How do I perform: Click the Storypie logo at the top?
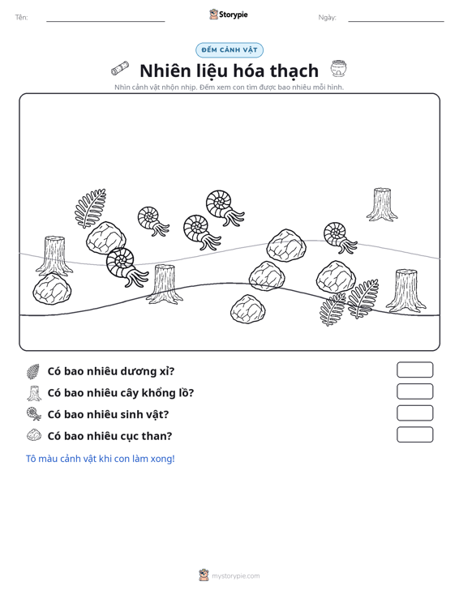[229, 15]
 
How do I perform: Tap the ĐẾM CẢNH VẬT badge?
[229, 50]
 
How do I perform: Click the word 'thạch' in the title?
[294, 71]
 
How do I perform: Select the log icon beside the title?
[120, 68]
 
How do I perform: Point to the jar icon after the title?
[338, 69]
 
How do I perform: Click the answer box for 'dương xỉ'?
[414, 370]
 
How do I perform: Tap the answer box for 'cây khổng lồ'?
[414, 391]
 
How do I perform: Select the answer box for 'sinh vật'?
[414, 413]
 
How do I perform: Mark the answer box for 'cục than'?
[414, 434]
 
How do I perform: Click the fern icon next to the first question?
[33, 371]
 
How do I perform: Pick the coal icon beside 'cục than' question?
[34, 435]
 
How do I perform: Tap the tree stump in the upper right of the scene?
[382, 204]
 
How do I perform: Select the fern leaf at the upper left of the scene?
[90, 208]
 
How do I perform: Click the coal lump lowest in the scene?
[248, 309]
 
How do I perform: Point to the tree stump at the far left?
[54, 256]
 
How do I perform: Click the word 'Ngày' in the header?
[327, 18]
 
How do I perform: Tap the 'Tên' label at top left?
[22, 18]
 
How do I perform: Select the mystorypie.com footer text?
[235, 576]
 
